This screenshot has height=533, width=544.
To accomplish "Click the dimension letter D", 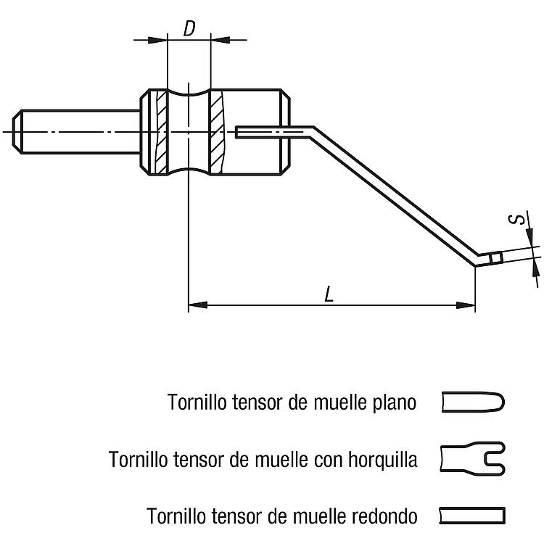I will click(x=189, y=29).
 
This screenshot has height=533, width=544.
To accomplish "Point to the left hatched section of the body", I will click(x=160, y=132).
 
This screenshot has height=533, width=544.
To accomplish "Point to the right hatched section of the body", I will click(x=217, y=132).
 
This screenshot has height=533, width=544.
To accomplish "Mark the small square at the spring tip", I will click(x=496, y=259).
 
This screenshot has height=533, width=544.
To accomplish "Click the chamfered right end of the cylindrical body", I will click(x=287, y=132).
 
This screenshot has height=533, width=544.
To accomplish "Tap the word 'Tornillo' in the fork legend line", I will click(x=136, y=459).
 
